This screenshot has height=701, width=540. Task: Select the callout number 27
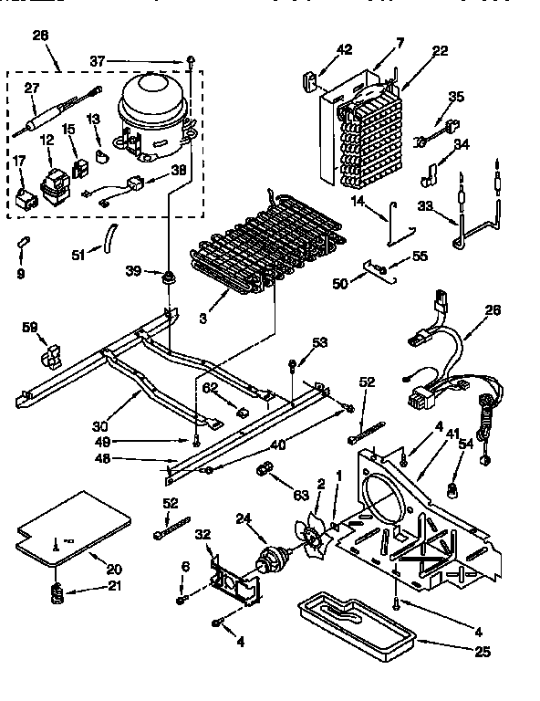pos(32,89)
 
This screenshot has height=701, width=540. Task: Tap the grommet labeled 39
pos(169,276)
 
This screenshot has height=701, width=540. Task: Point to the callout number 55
pos(420,257)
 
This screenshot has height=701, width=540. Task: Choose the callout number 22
pos(440,51)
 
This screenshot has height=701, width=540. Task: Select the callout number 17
pos(18,163)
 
